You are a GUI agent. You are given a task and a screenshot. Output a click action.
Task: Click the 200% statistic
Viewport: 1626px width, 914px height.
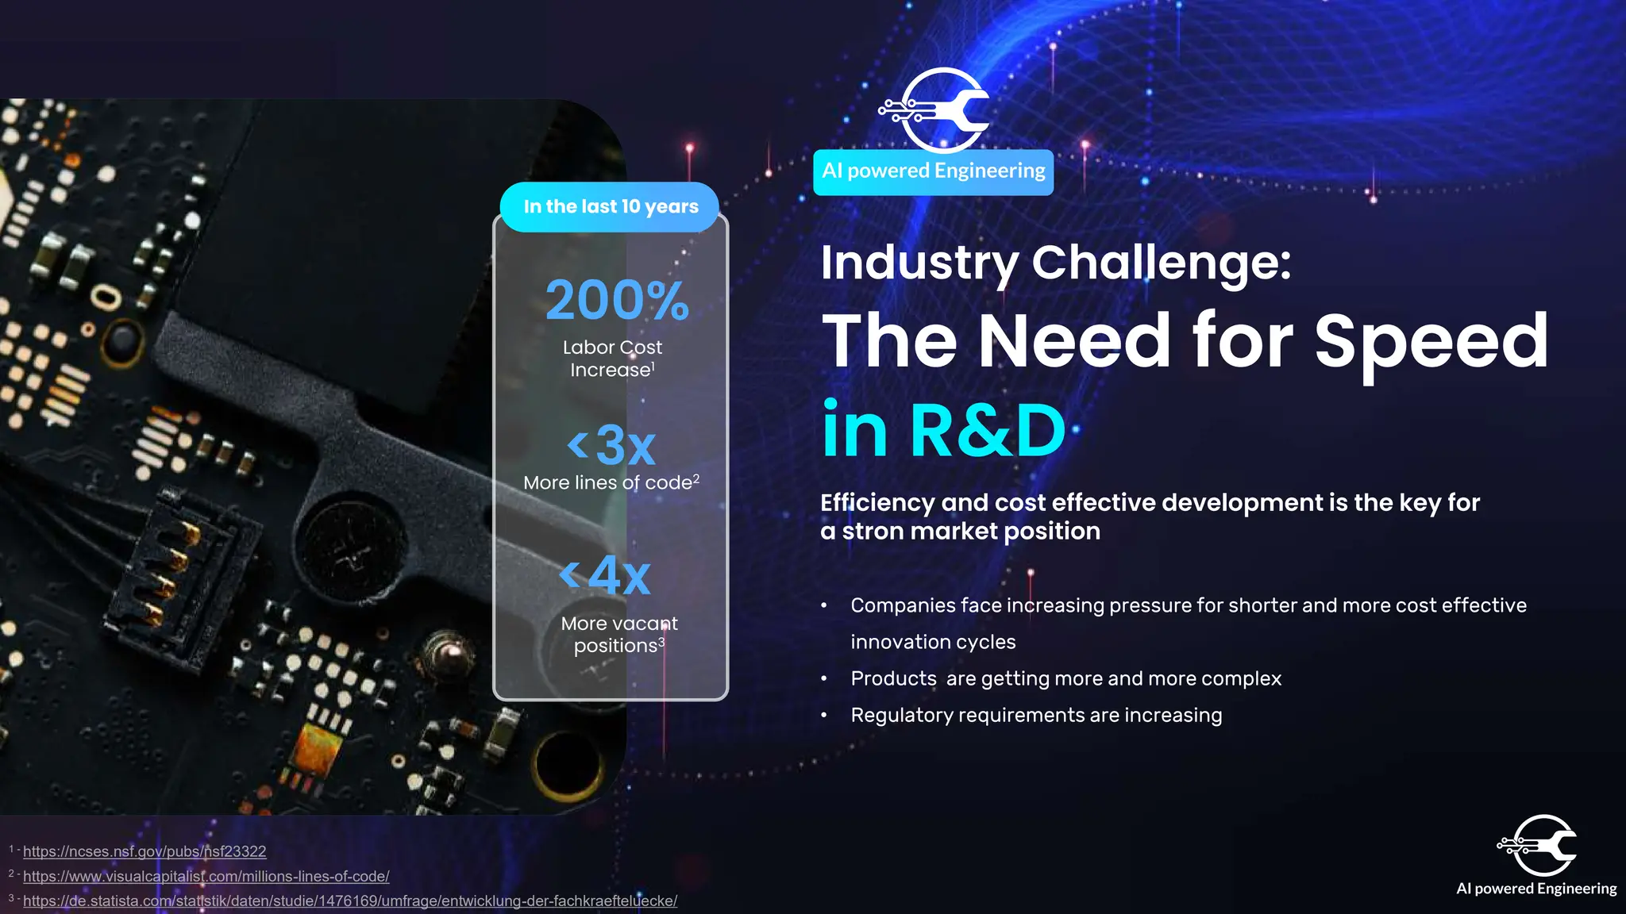coord(617,301)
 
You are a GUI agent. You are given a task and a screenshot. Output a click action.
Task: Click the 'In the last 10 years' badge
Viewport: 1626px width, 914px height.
coord(611,207)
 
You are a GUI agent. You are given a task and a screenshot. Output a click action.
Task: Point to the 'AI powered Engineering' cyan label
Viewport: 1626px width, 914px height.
coord(933,171)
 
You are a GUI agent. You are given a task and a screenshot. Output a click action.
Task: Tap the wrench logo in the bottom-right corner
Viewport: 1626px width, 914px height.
coord(1538,845)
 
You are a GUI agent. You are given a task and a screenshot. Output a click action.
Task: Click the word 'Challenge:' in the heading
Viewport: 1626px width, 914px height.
coord(1161,263)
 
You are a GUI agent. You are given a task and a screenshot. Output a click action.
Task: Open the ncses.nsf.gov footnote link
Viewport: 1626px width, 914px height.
coord(144,851)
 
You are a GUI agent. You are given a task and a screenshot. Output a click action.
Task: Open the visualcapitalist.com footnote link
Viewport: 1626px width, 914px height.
coord(206,877)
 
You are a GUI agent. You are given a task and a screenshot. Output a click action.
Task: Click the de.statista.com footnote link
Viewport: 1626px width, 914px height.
coord(349,901)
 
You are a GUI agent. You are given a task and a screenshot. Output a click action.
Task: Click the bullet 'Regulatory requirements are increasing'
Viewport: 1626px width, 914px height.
coord(1036,716)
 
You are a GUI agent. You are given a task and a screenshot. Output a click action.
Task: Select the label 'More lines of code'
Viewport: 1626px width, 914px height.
coord(607,483)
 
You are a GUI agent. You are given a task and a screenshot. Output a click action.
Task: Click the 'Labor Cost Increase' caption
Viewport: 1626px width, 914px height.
coord(612,359)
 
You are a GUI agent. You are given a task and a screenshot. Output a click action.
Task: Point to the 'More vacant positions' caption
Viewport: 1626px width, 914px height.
coord(619,635)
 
